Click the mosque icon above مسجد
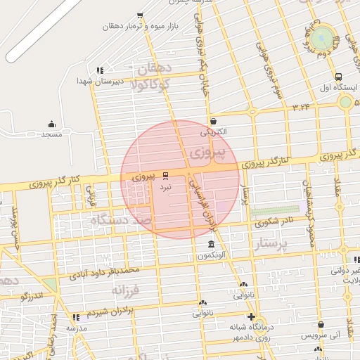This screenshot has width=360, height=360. coord(51,124)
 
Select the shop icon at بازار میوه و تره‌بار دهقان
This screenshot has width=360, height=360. coord(140,15)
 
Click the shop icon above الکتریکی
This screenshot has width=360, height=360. coord(212,121)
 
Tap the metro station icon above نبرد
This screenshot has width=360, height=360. coord(166,174)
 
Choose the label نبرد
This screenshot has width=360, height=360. coord(165,188)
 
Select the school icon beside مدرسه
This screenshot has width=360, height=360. coord(76,318)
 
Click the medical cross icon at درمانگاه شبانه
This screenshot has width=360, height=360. coord(251,316)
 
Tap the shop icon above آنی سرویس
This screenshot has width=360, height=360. coord(321,325)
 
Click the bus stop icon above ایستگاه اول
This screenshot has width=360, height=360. coord(339,77)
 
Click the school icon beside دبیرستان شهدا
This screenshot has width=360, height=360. coord(101,70)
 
